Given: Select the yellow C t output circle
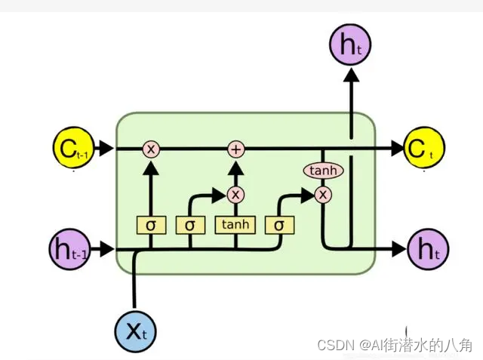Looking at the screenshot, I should click(x=425, y=149).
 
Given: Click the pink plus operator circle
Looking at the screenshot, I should click(x=236, y=149).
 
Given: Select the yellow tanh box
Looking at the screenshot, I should click(x=236, y=225).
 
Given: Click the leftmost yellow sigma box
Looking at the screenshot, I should click(x=151, y=225).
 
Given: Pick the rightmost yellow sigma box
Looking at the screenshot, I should click(x=279, y=225).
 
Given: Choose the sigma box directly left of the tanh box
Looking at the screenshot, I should click(x=190, y=225).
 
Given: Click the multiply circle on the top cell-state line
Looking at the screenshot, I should click(x=151, y=149).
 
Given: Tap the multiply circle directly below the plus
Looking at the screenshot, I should click(x=236, y=195).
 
